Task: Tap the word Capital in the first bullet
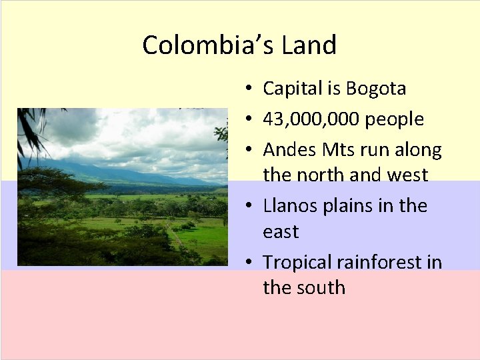pos(290,89)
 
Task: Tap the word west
pos(407,175)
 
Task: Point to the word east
pos(281,232)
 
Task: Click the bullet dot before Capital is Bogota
pos(247,89)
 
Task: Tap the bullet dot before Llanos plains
pos(247,206)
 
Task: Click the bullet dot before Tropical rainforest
pos(247,263)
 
